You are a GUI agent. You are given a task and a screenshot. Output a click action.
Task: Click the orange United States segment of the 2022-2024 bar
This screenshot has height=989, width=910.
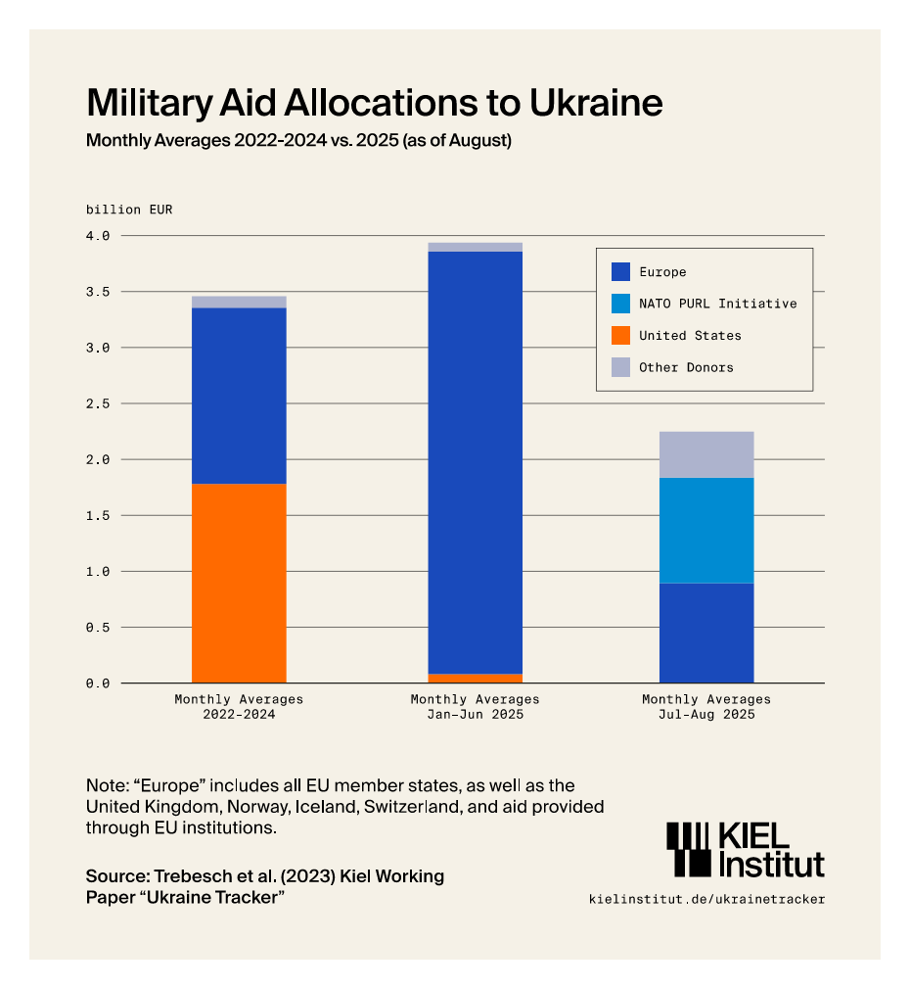[x=239, y=583]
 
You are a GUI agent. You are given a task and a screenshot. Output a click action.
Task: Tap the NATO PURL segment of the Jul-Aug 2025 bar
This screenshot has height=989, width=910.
[x=706, y=530]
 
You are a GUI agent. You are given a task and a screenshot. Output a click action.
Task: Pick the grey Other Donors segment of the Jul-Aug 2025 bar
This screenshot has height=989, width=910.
[x=706, y=454]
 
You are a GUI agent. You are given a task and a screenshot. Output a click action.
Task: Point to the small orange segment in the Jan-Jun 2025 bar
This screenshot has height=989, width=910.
[x=475, y=678]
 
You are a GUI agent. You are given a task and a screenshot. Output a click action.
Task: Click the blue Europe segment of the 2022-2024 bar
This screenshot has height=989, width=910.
[x=239, y=396]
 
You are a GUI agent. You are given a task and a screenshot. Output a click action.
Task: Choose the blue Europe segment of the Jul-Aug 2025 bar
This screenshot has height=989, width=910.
[x=706, y=633]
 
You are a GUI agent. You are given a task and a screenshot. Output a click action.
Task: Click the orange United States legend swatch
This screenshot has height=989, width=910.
[x=620, y=335]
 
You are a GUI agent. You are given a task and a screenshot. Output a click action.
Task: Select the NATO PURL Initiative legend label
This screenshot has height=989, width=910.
[x=717, y=304]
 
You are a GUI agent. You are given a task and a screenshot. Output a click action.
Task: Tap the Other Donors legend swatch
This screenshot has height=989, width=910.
[x=620, y=367]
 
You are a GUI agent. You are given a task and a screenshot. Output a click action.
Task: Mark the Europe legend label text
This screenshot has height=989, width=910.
[x=662, y=271]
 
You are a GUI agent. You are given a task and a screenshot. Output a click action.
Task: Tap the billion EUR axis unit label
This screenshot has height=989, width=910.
[x=128, y=210]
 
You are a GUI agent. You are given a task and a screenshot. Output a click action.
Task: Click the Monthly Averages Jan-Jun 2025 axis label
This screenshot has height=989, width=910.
[x=475, y=707]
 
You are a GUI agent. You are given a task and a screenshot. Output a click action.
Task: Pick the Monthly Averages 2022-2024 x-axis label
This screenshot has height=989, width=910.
[x=239, y=707]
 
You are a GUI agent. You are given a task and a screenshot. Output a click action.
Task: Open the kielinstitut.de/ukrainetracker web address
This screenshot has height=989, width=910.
[x=706, y=899]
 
